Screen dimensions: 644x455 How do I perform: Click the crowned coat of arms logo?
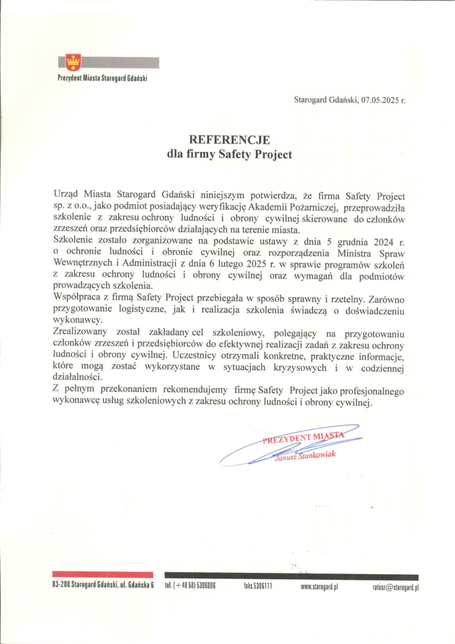click(x=74, y=62)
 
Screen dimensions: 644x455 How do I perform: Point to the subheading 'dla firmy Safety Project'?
click(x=229, y=154)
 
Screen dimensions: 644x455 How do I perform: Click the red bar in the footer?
click(x=102, y=574)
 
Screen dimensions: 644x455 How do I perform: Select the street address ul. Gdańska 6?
click(x=133, y=587)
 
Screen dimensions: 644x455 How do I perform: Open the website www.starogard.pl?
click(x=320, y=587)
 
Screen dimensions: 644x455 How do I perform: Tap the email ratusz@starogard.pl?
click(x=395, y=587)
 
